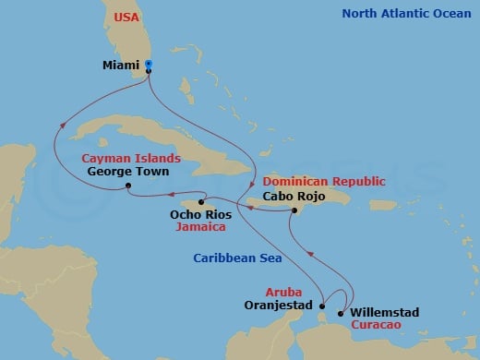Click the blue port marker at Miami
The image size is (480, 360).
click(x=149, y=66)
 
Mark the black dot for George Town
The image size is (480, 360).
click(x=128, y=187)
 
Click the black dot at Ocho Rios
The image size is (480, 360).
click(x=201, y=202)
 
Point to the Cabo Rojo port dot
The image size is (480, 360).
click(x=294, y=211)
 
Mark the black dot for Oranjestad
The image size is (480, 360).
click(x=321, y=305)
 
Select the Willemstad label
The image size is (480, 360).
click(x=387, y=313)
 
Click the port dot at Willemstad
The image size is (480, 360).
click(x=341, y=314)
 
